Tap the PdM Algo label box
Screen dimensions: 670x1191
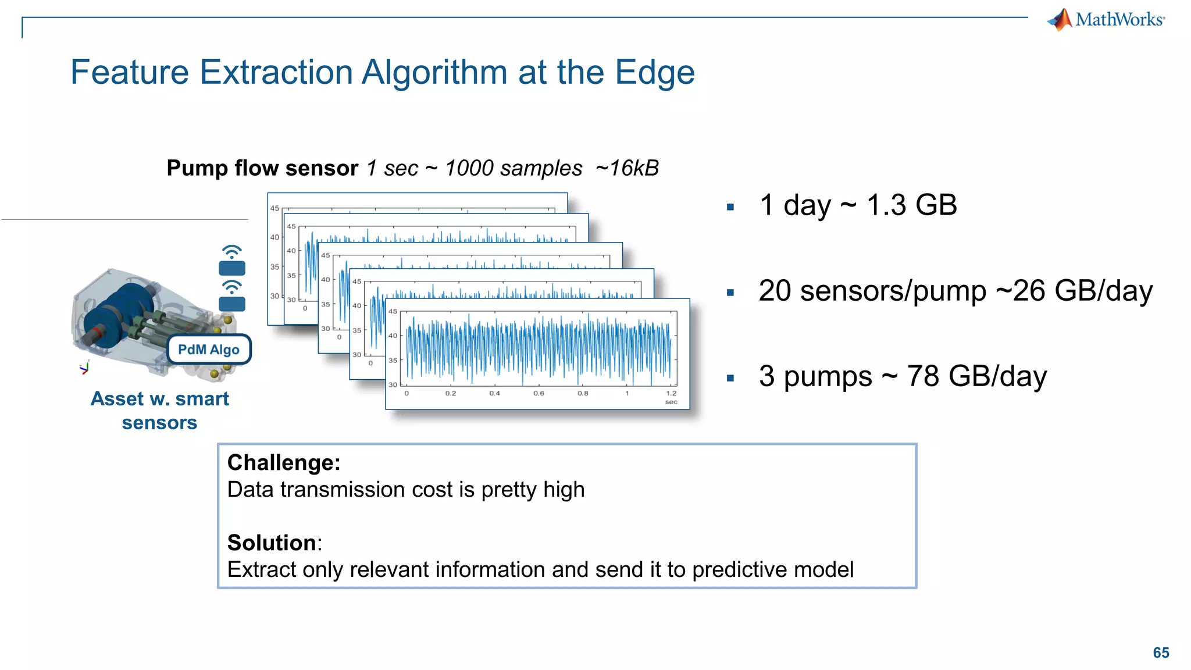(209, 350)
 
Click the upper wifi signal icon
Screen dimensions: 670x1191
(232, 252)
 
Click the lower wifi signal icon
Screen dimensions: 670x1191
(232, 287)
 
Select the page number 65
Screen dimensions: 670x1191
(1161, 653)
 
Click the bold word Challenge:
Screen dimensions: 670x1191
(284, 463)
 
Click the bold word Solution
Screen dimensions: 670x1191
(272, 543)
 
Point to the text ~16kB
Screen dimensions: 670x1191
(627, 168)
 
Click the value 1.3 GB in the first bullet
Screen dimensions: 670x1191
(911, 205)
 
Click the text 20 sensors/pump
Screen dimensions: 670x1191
(872, 291)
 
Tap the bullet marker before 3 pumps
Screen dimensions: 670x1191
(730, 378)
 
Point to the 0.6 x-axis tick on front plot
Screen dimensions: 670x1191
(539, 394)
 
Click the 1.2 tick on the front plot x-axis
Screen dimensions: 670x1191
(671, 394)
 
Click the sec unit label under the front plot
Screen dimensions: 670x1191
(671, 402)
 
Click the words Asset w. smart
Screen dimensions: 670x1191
(160, 399)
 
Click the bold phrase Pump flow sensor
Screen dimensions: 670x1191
(262, 168)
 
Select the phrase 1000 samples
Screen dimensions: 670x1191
(513, 168)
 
